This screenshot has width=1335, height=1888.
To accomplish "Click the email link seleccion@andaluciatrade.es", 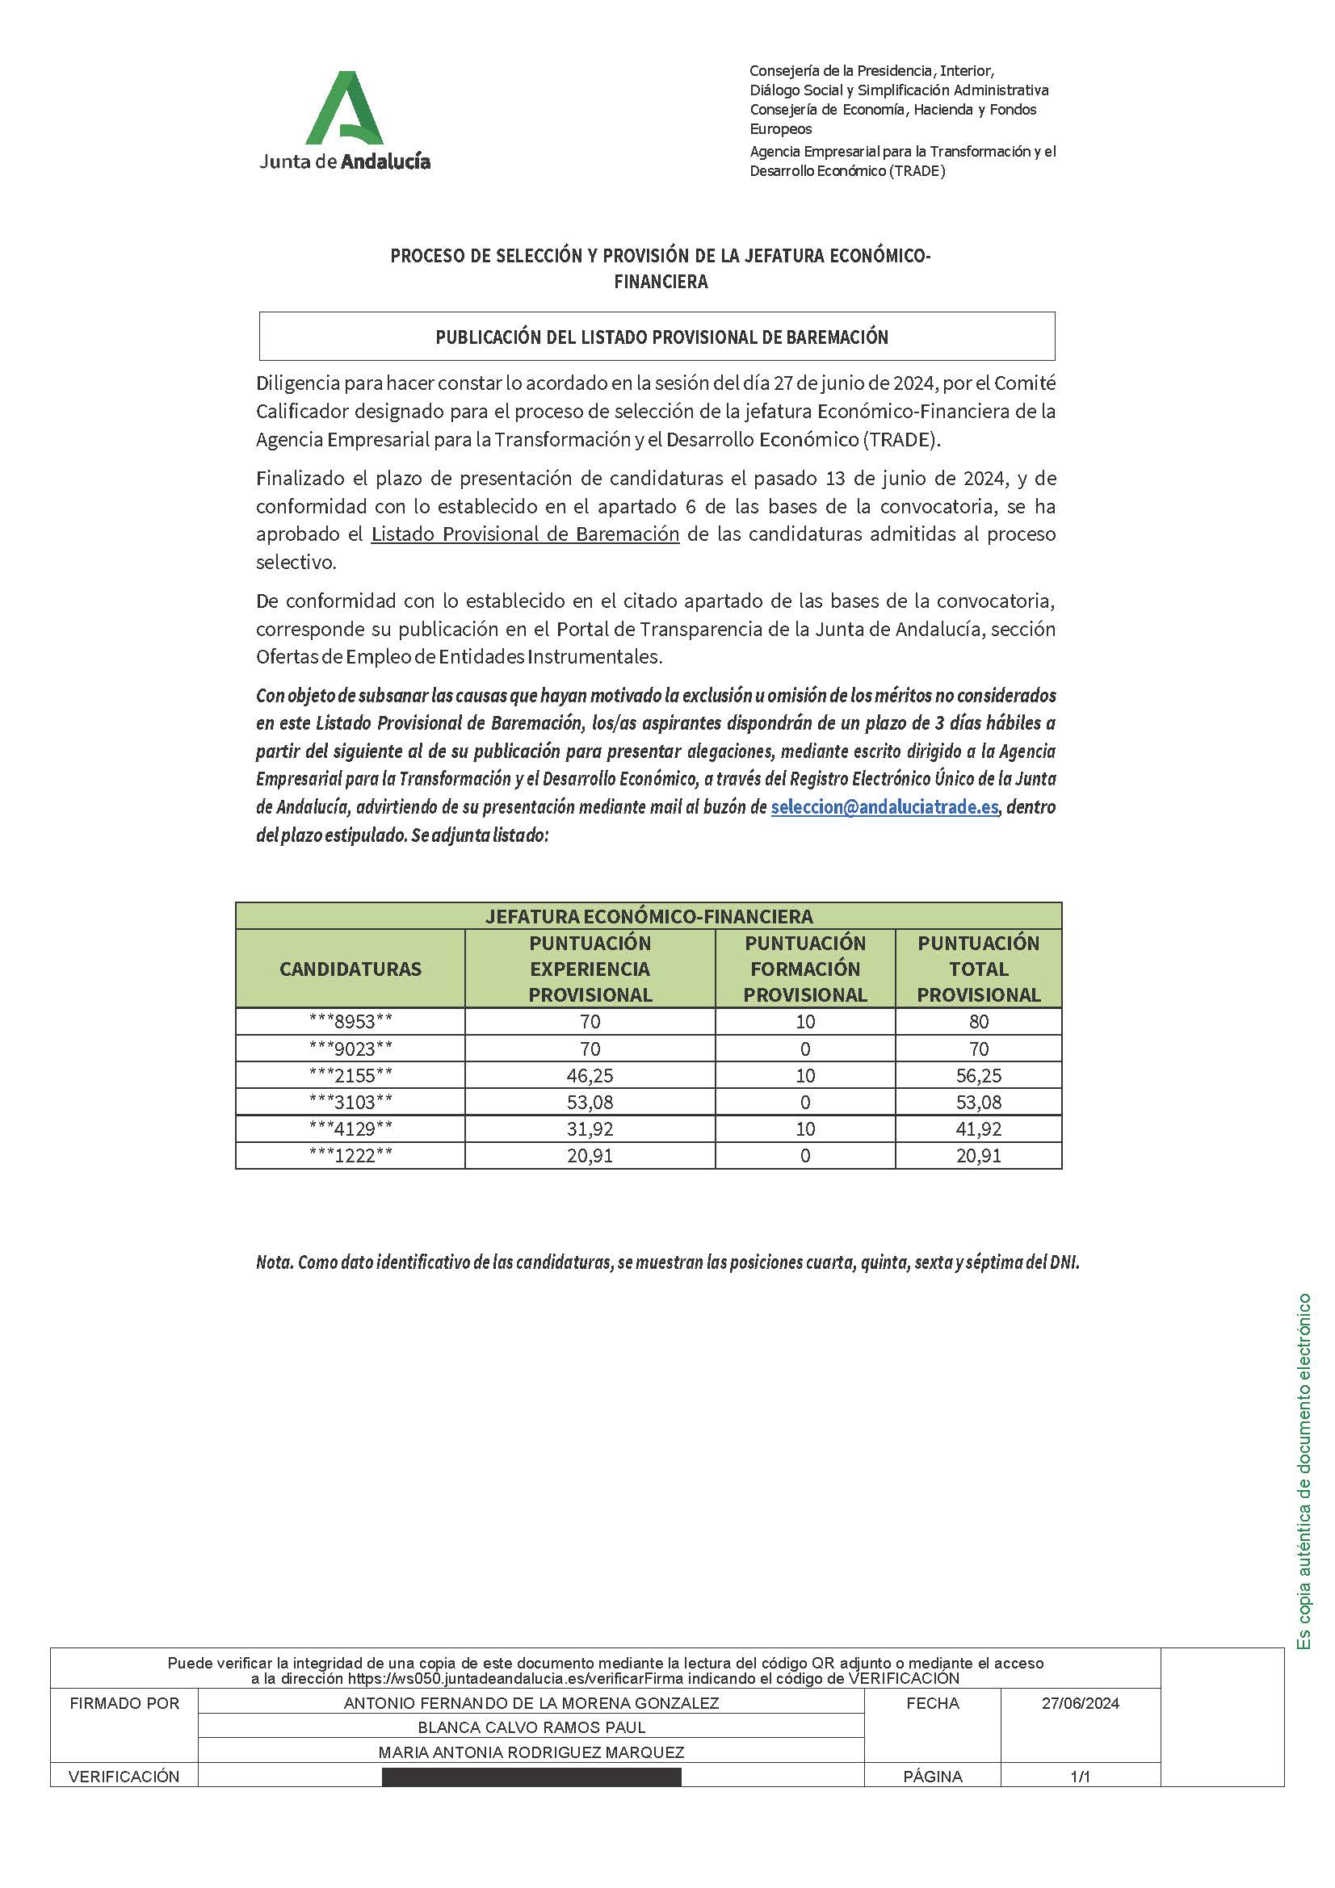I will [x=884, y=807].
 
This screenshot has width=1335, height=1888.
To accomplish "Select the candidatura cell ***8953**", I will [x=351, y=1021].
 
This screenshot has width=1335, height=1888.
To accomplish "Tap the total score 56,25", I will [x=978, y=1075].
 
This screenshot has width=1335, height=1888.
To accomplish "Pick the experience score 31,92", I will [x=590, y=1129].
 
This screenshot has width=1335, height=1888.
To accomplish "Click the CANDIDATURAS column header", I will [x=351, y=969].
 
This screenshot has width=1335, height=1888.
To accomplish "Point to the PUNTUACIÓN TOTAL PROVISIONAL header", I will [x=978, y=969].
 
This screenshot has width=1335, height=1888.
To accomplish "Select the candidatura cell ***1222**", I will [x=351, y=1155].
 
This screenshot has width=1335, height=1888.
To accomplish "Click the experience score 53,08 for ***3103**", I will [x=590, y=1102].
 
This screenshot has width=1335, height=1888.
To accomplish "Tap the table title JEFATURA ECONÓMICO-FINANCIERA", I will [x=649, y=916].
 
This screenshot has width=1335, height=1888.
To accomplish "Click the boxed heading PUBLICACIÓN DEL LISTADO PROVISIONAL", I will [x=661, y=337].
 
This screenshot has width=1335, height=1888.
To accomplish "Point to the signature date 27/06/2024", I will [x=1080, y=1703].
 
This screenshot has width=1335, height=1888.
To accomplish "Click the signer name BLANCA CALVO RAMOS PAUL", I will [x=531, y=1727].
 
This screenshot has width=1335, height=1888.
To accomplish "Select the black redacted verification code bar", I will [x=531, y=1777].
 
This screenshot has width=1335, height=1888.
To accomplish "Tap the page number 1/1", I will [x=1080, y=1777].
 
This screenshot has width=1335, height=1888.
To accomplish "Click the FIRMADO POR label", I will [x=124, y=1703].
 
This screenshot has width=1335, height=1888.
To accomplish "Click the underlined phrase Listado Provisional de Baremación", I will [x=525, y=534].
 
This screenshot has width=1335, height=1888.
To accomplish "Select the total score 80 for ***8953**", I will [x=978, y=1021].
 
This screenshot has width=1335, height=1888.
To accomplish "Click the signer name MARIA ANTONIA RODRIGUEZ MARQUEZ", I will [x=531, y=1752].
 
